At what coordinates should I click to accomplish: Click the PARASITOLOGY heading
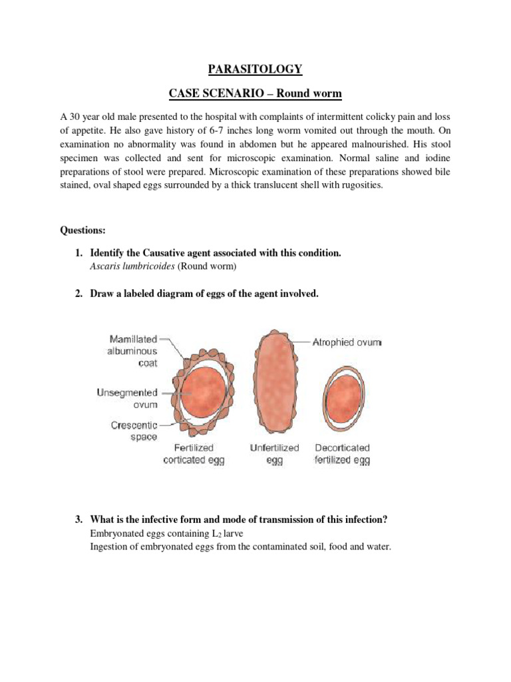pos(255,69)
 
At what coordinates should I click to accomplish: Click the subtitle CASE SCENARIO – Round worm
pos(255,94)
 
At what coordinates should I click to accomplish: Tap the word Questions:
pos(83,230)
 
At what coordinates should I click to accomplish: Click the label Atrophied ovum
pos(347,342)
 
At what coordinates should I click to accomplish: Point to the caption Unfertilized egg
pos(275,454)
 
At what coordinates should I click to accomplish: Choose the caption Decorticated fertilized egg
pos(342,454)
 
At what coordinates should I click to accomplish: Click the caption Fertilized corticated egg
pos(194,454)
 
